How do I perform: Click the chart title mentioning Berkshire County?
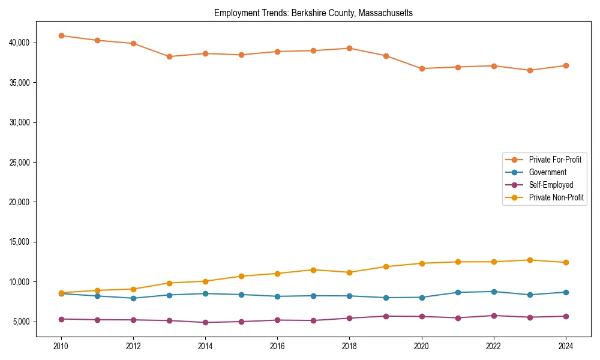tap(313, 13)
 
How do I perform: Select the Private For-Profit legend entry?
tap(554, 160)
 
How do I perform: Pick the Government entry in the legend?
tap(547, 172)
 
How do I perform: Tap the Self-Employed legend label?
tap(551, 185)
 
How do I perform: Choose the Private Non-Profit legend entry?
tap(556, 197)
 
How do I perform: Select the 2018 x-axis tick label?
tap(349, 346)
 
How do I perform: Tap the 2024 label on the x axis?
tap(566, 346)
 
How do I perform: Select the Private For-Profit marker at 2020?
tap(422, 68)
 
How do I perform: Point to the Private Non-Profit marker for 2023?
tap(530, 260)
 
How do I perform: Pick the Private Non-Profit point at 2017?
tap(313, 269)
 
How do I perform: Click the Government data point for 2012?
tap(133, 298)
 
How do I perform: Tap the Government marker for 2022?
tap(494, 292)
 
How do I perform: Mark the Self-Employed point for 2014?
tap(205, 322)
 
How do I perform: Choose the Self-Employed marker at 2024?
tap(566, 316)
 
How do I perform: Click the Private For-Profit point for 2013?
tap(169, 56)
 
